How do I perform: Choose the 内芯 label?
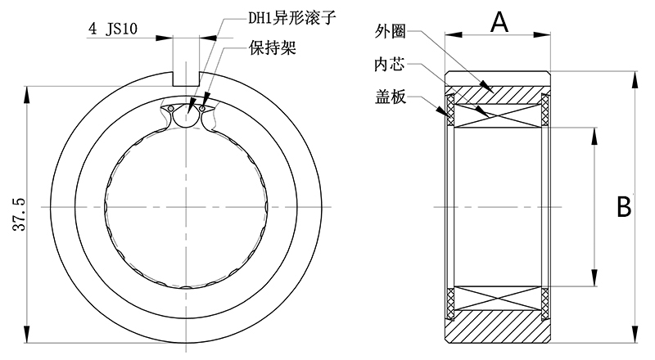coord(391,64)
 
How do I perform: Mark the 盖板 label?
coord(391,95)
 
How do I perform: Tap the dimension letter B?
coord(624,205)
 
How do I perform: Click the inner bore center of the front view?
coord(187,209)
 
